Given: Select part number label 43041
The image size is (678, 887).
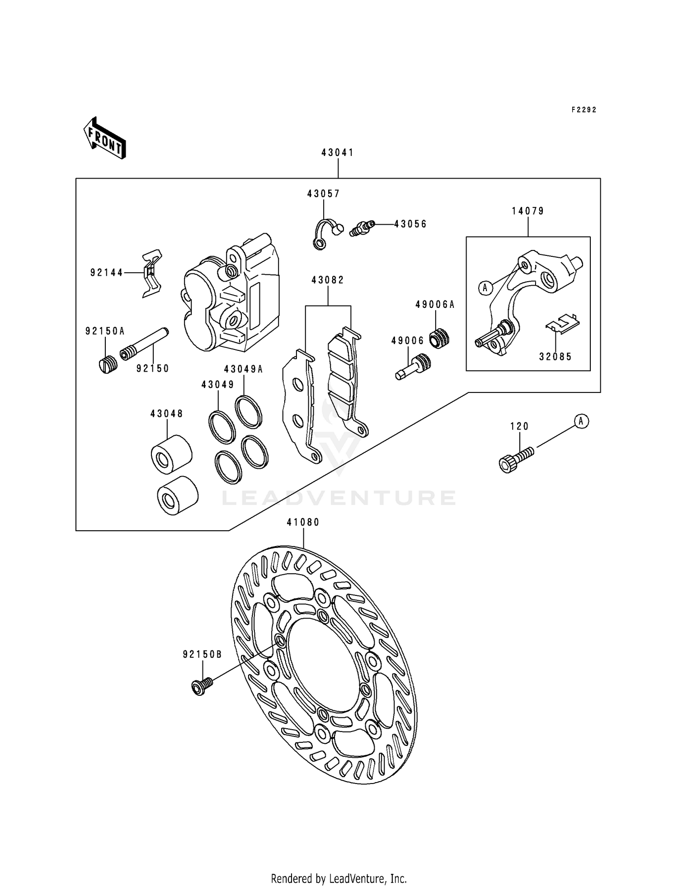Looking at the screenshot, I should [x=338, y=153].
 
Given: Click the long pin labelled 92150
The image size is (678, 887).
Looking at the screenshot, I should [x=145, y=344].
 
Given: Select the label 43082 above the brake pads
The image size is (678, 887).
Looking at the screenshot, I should [x=328, y=280].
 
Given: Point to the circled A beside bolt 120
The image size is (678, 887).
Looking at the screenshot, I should [x=581, y=421].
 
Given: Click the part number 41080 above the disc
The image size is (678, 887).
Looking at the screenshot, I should [x=303, y=523].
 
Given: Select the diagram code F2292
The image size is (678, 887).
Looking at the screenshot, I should [x=584, y=110].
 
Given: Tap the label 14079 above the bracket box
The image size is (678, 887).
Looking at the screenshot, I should [x=528, y=211].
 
